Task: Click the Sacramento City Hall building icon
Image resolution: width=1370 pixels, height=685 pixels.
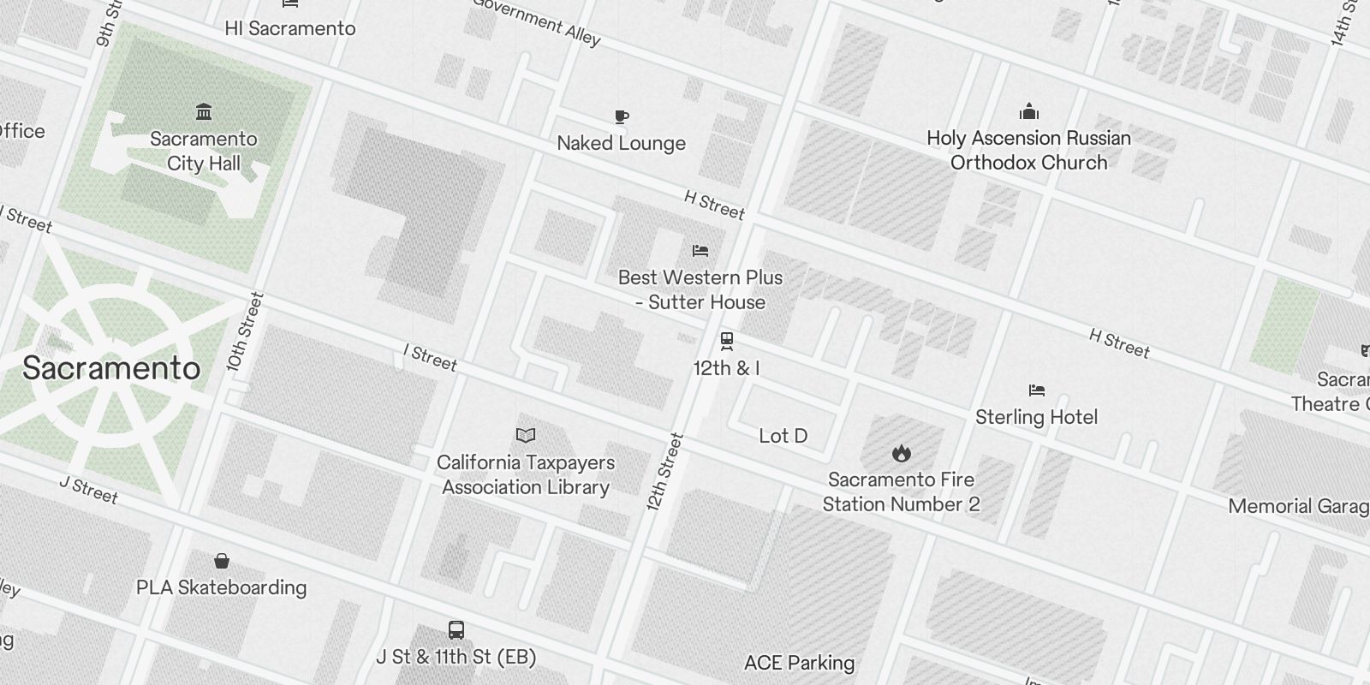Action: [204, 112]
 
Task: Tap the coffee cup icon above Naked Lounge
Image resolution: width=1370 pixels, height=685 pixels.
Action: [622, 116]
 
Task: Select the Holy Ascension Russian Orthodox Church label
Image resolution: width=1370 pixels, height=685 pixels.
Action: [1028, 151]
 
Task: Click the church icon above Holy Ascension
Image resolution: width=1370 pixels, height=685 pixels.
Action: [1028, 112]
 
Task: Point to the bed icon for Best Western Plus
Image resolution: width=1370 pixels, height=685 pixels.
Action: [700, 251]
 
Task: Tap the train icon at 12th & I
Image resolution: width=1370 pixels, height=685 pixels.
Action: [726, 342]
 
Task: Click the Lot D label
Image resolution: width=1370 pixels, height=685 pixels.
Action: [783, 436]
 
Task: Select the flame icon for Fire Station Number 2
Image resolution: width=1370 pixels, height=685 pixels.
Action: [901, 453]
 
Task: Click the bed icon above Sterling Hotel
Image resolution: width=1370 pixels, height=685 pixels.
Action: [1037, 390]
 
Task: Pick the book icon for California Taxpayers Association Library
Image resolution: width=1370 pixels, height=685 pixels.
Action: [526, 436]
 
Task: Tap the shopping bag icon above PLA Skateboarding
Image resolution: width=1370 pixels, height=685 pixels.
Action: [222, 561]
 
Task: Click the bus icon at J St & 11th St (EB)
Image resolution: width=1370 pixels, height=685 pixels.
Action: [456, 630]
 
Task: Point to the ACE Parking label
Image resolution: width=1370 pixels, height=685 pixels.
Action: [799, 663]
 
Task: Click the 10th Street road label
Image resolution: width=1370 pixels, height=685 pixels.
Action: [245, 332]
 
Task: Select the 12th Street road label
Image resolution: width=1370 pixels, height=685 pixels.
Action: [665, 472]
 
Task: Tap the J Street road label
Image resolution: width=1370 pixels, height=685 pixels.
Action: [89, 489]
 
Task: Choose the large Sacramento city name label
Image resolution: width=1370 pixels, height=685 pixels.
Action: [111, 368]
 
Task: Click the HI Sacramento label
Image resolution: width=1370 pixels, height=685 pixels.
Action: [289, 28]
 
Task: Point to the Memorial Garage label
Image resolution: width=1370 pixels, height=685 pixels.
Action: [1298, 506]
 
